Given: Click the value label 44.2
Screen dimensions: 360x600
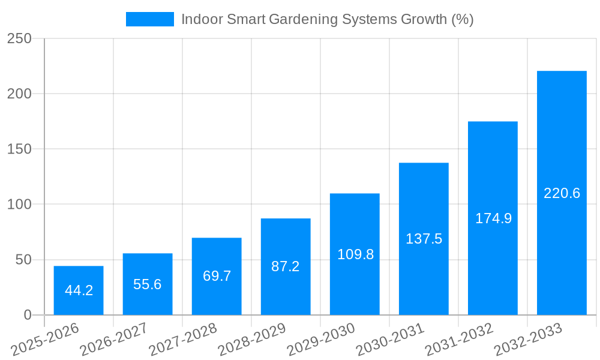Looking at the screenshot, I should (x=79, y=291).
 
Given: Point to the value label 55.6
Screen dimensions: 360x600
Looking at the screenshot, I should (x=148, y=284).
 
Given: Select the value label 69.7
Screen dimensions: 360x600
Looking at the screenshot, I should (x=217, y=277).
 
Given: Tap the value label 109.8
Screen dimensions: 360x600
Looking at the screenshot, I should (x=355, y=254).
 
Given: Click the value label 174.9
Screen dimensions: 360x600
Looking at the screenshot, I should (x=493, y=218).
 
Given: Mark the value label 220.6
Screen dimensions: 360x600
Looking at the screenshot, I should (x=562, y=193).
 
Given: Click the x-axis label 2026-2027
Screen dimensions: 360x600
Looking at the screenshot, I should (x=114, y=340).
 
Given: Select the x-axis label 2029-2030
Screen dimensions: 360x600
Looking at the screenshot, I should (x=321, y=340).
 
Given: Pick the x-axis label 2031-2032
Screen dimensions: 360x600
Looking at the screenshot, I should (x=459, y=340).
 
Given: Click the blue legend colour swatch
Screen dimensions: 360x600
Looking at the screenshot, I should (x=149, y=19).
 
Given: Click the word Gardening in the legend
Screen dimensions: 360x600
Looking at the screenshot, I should (x=303, y=19).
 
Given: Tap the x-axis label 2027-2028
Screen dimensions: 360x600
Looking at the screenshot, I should (x=183, y=340).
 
